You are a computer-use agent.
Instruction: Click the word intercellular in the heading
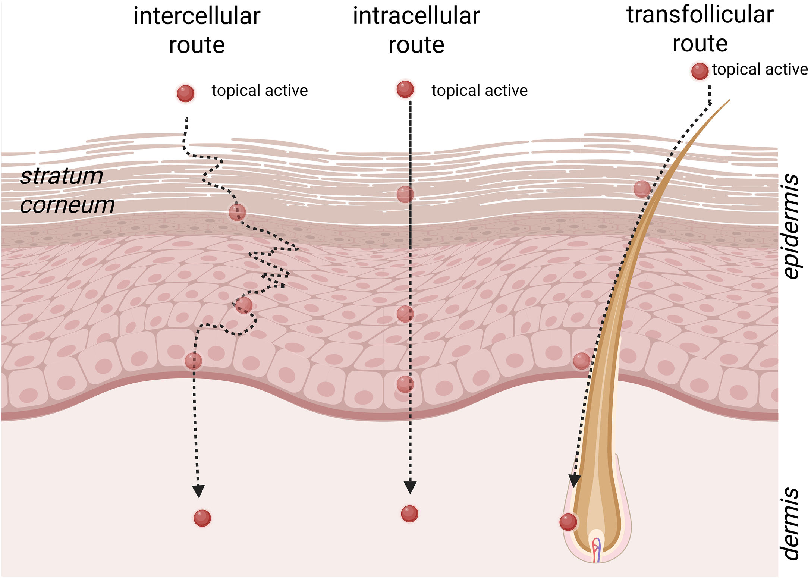tap(197, 17)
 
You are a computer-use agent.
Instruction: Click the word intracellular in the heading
tap(416, 16)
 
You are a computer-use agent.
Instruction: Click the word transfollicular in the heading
tap(700, 15)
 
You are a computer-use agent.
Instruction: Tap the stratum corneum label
tap(67, 190)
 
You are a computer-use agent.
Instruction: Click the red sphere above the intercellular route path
tap(185, 93)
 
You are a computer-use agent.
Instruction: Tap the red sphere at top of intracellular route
tap(405, 89)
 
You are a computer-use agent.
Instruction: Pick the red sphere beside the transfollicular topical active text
tap(700, 71)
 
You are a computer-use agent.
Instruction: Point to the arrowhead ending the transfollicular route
tap(574, 481)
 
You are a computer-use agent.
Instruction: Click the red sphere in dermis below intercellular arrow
tap(202, 518)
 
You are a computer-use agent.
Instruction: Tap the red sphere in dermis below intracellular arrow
tap(409, 514)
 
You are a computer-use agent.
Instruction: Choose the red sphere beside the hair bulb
tap(568, 522)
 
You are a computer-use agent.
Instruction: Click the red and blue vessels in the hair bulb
tap(596, 550)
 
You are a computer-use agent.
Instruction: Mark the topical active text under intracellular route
tap(480, 91)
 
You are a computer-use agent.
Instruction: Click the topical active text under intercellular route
tap(260, 91)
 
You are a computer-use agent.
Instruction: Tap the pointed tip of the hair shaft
tap(729, 100)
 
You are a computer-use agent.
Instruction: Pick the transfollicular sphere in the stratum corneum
tap(642, 189)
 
